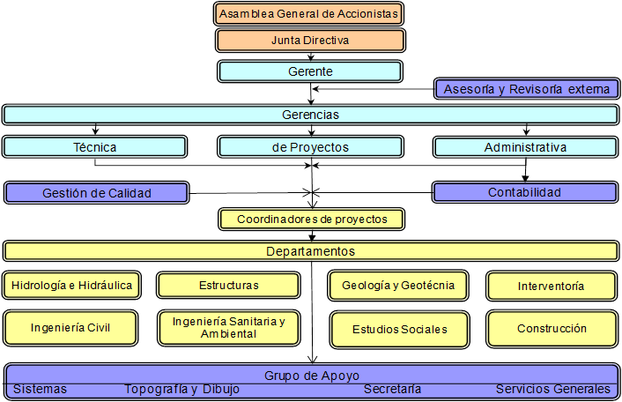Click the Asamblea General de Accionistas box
pos(309,14)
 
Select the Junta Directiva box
pos(309,41)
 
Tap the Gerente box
pos(309,71)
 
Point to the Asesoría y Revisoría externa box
pos(525,89)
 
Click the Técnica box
pos(95,147)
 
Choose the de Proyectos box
pos(310,147)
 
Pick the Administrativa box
pos(525,147)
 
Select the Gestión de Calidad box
pos(96,192)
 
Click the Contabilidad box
pos(525,192)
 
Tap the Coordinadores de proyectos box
pos(310,219)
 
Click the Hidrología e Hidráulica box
pos(72,285)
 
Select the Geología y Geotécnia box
pos(398,285)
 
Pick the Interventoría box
pos(552,286)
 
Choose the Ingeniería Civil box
pos(70,328)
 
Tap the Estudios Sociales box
pos(399,329)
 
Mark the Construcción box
pos(552,328)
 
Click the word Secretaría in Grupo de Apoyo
pos(392,389)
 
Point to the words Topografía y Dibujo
pos(181,389)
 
